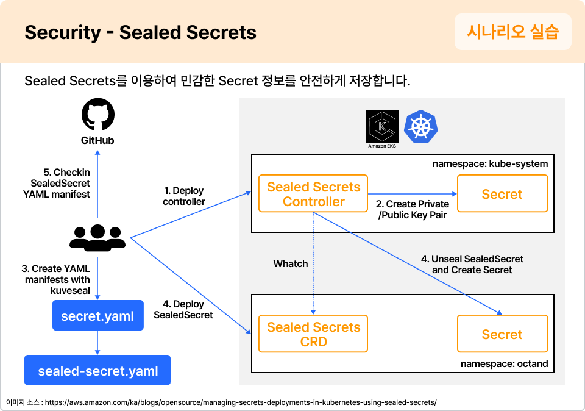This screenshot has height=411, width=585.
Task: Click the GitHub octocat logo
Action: click(x=98, y=116)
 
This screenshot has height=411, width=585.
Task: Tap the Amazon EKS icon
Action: click(x=382, y=127)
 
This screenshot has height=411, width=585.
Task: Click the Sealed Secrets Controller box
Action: click(x=314, y=195)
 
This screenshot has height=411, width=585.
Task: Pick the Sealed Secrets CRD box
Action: click(x=314, y=334)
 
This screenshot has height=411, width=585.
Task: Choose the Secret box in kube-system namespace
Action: click(x=502, y=194)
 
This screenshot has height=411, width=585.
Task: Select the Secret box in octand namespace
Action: click(x=502, y=334)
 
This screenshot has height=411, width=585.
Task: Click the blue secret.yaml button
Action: click(x=98, y=316)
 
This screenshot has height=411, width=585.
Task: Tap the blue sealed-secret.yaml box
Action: click(x=97, y=371)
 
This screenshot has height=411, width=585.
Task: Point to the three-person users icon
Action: click(x=97, y=237)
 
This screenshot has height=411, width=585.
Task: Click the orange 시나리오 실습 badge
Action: click(x=512, y=32)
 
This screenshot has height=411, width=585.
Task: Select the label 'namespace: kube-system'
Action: click(x=490, y=164)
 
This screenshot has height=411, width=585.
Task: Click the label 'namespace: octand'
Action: click(x=504, y=364)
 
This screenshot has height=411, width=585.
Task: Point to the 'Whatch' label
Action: click(x=291, y=264)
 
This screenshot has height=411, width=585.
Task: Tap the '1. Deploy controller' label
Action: click(x=184, y=196)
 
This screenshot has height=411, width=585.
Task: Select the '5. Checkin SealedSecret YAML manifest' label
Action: click(x=60, y=183)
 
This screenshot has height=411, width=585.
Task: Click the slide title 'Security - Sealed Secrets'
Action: click(x=140, y=32)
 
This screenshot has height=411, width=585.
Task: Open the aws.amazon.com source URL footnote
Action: click(x=240, y=402)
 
